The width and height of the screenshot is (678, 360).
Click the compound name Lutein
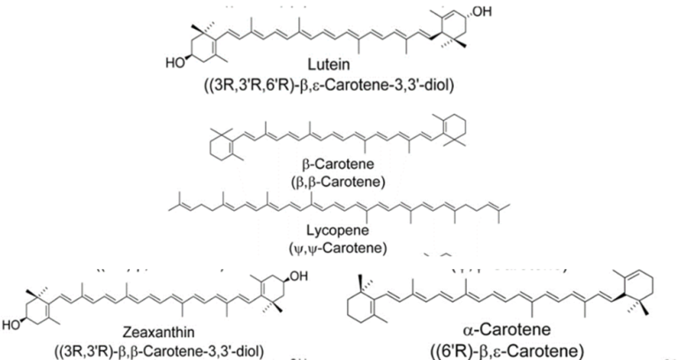(328, 64)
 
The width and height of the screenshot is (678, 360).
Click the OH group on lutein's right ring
(482, 11)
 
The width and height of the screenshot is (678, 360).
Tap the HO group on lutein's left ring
(175, 64)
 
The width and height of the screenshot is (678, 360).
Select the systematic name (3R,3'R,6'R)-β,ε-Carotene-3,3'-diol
(328, 85)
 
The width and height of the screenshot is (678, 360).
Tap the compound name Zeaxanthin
(158, 332)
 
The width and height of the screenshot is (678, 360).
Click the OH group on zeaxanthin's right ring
(298, 276)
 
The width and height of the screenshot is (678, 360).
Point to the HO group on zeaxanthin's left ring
(11, 325)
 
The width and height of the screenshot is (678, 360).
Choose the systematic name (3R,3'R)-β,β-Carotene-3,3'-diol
(158, 349)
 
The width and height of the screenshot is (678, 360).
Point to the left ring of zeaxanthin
(37, 311)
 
